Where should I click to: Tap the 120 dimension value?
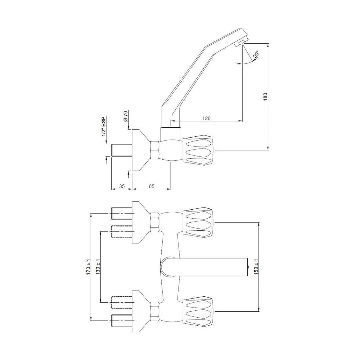click(207, 118)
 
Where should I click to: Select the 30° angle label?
click(256, 55)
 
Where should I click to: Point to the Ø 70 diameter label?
click(126, 115)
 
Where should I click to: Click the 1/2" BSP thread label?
click(104, 127)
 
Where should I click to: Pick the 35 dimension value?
click(122, 186)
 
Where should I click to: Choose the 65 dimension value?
click(151, 186)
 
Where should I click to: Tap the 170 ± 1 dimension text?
click(89, 267)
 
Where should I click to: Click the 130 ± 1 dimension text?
click(98, 267)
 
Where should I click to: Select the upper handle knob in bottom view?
click(198, 223)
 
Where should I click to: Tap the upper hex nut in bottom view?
click(155, 223)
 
